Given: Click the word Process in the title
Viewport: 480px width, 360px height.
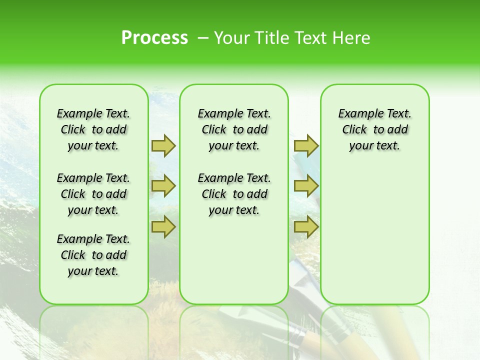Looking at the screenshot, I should (x=154, y=37).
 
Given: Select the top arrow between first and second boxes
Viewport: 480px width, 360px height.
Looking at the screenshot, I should (x=163, y=145).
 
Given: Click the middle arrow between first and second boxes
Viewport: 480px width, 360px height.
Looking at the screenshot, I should (x=163, y=186).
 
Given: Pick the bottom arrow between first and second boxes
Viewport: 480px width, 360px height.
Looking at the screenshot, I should (x=163, y=227).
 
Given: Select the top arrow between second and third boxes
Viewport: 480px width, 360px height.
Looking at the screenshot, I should (x=306, y=145).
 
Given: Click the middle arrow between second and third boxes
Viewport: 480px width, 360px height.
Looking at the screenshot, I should (x=306, y=186).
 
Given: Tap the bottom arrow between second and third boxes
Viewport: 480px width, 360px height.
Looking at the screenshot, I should (x=306, y=227).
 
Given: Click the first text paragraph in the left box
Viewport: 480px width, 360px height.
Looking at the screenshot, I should (x=93, y=129).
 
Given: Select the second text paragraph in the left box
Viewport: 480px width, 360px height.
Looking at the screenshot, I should (x=93, y=194).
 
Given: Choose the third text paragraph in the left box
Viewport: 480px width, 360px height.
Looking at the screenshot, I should (x=93, y=255).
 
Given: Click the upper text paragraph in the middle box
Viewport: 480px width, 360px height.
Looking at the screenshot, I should (x=234, y=129).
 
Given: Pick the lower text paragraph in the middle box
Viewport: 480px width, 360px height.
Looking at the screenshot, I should (x=234, y=194).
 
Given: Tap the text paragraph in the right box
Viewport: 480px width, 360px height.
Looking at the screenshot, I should (x=374, y=129).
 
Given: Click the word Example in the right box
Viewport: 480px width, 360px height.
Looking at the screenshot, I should (x=357, y=114).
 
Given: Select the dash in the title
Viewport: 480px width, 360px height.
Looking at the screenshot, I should (x=203, y=38).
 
